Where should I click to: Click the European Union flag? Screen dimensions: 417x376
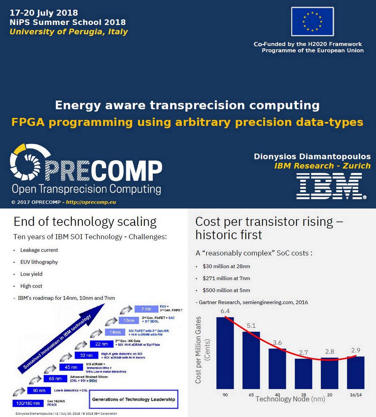(312, 22)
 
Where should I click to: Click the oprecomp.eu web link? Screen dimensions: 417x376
(91, 202)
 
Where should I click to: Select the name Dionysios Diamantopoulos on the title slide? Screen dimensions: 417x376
(312, 156)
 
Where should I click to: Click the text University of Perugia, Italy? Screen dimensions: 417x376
(69, 32)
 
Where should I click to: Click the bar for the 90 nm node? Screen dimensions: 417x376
(225, 353)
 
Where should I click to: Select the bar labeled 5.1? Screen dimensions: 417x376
(251, 360)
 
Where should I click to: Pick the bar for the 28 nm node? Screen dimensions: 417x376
(303, 373)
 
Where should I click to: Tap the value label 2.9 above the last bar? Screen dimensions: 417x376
(356, 350)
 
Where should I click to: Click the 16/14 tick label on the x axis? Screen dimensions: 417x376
(356, 395)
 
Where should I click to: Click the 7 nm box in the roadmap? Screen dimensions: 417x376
(146, 309)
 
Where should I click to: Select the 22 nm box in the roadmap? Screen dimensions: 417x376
(101, 344)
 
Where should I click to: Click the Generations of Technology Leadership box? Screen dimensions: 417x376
(134, 399)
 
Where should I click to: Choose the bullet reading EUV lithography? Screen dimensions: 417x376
(39, 262)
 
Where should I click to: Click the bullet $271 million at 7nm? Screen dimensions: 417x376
(226, 278)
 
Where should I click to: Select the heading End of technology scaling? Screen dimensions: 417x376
(85, 221)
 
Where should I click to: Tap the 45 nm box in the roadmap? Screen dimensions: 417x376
(71, 367)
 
